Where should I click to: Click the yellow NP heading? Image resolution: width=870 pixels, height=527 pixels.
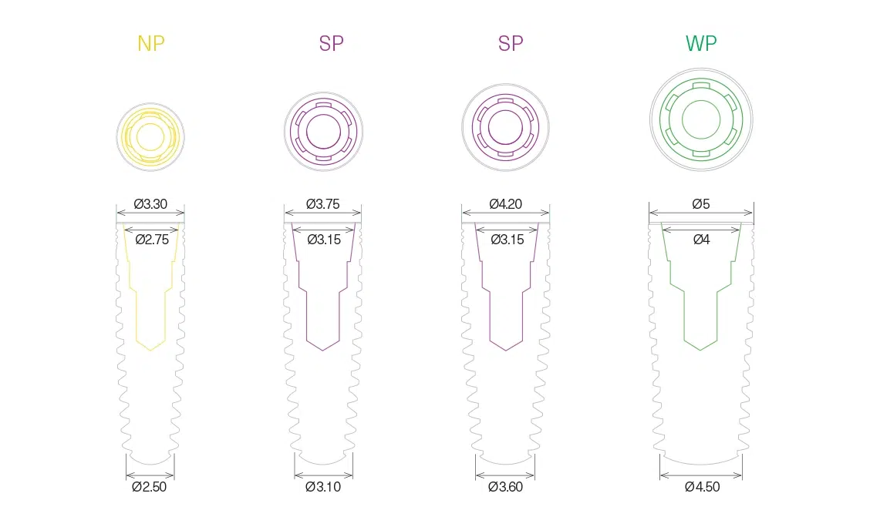[151, 43]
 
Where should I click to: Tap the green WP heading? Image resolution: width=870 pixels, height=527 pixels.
[701, 43]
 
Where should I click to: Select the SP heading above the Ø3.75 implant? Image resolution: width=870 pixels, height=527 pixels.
[331, 43]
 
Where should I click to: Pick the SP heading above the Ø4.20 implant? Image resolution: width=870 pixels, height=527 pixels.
[511, 43]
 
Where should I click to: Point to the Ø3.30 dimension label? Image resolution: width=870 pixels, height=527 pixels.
[150, 204]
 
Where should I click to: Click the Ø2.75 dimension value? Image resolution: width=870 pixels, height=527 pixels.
[152, 240]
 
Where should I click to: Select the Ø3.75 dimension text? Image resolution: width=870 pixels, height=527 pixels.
[323, 204]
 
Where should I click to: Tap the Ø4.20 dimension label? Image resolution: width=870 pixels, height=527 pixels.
[505, 204]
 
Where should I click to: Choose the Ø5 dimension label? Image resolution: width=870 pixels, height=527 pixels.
[701, 204]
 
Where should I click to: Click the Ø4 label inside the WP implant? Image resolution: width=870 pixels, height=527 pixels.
[701, 240]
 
